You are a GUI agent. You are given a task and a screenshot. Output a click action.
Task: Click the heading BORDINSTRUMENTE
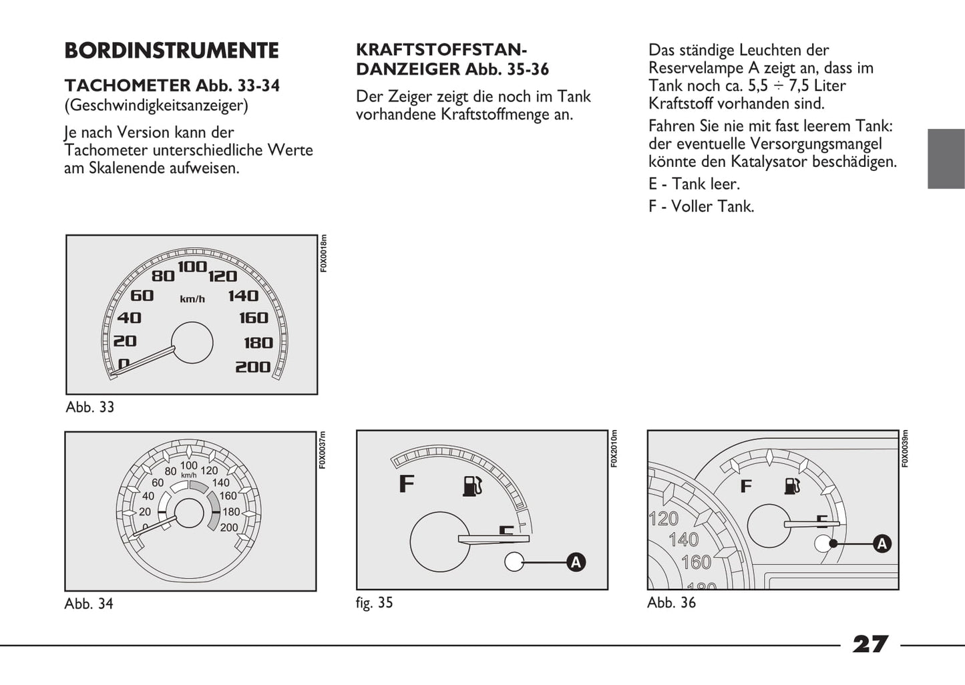tap(172, 51)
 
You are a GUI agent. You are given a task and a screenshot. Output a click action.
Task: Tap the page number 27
tap(870, 644)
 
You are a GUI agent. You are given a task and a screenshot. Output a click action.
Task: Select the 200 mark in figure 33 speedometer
tap(252, 367)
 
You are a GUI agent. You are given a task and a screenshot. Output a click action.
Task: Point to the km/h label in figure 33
tap(192, 299)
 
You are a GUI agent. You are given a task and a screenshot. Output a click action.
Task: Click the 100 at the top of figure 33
tap(192, 266)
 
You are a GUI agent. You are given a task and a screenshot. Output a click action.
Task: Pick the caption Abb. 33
tap(90, 407)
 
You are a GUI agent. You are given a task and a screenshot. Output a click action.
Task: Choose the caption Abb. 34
tap(89, 604)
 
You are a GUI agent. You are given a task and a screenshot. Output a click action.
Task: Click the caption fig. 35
tap(374, 603)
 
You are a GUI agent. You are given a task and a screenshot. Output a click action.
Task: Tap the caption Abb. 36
tap(671, 603)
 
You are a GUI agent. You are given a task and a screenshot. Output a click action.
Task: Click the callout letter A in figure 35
tap(576, 562)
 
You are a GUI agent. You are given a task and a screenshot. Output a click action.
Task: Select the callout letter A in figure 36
tap(882, 543)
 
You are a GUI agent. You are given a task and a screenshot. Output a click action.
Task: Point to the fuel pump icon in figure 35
tap(472, 485)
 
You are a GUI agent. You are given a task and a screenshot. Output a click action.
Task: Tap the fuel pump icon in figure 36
tap(793, 485)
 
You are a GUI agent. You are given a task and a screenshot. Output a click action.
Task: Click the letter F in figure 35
tap(406, 483)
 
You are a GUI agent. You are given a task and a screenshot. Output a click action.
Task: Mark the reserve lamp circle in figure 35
tap(514, 562)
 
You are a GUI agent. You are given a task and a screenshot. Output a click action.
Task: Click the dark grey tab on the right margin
tap(946, 158)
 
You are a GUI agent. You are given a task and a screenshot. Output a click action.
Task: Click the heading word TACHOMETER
tap(128, 85)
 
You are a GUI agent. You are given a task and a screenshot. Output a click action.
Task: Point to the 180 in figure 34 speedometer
tap(231, 512)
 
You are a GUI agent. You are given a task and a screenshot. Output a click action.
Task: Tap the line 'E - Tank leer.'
tap(694, 184)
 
